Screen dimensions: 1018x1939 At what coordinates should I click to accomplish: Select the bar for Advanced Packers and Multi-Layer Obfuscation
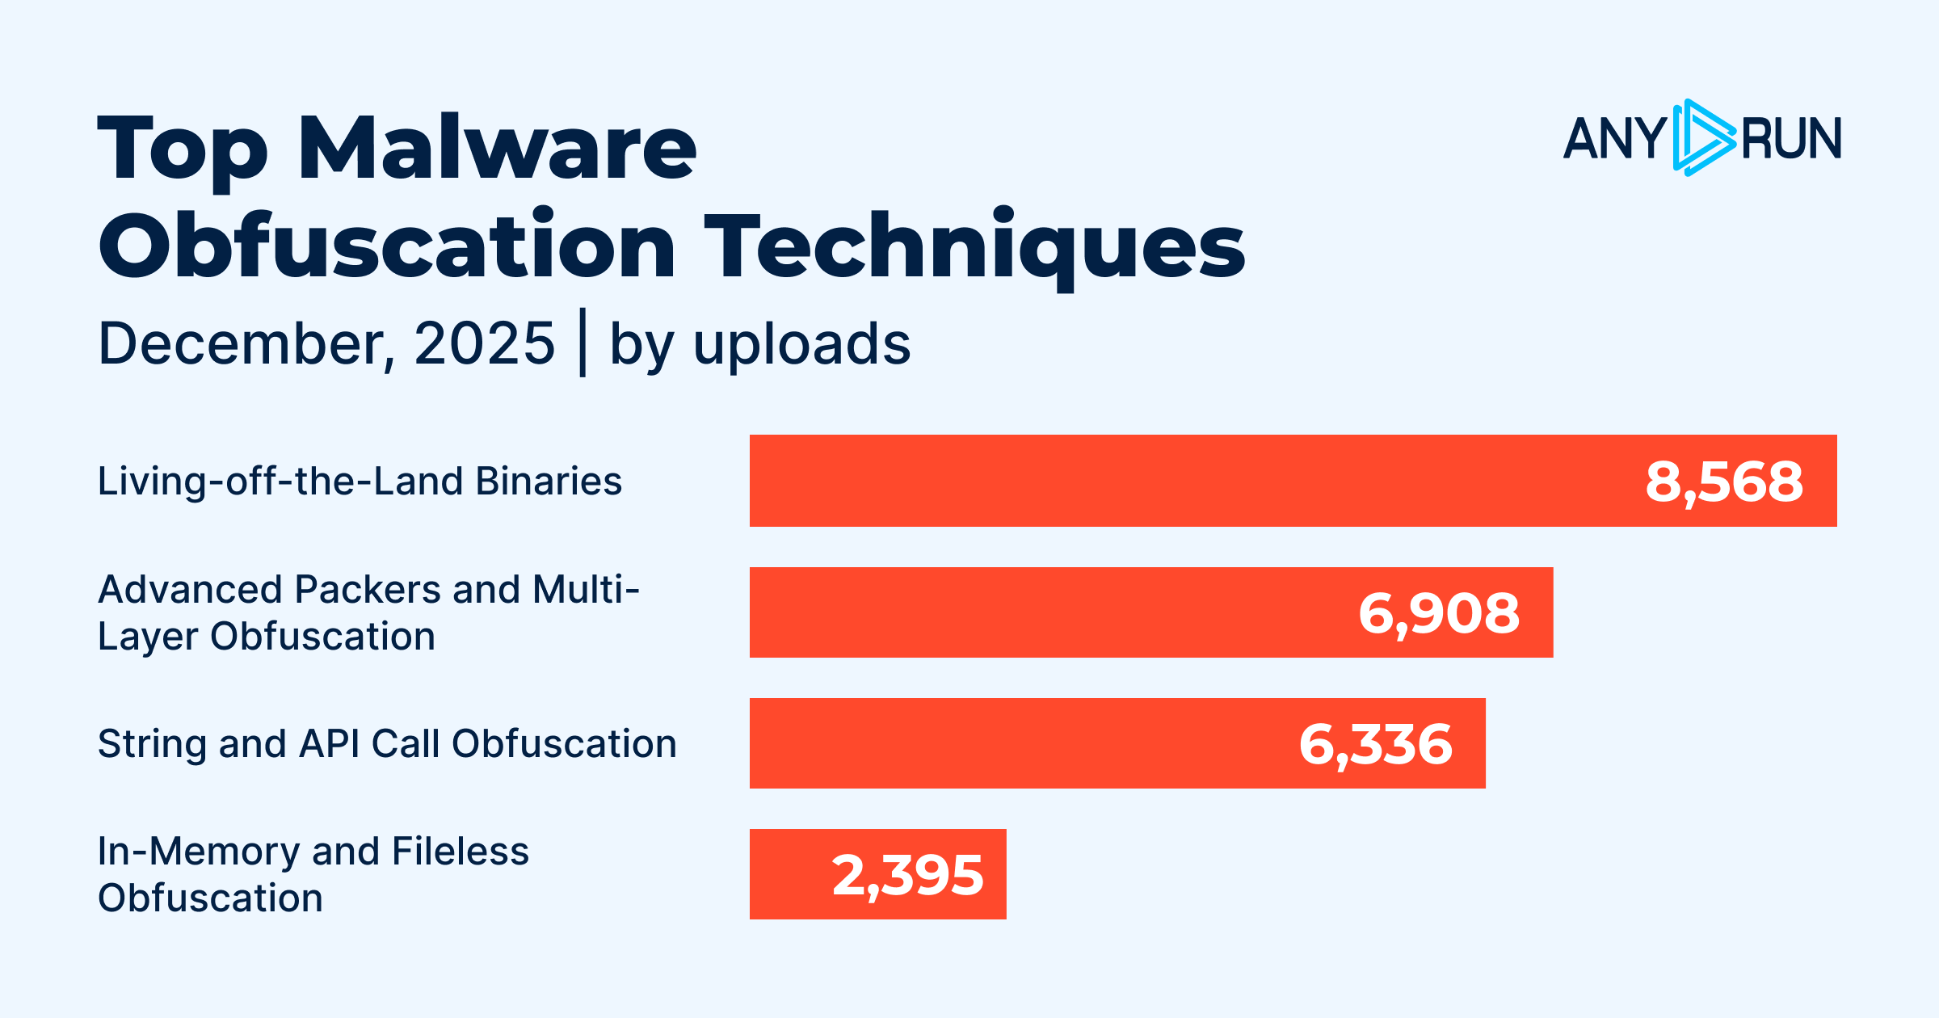[x=1050, y=612]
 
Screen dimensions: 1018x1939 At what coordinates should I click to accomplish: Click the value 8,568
[x=1724, y=482]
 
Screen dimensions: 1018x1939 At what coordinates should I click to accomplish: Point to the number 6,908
[x=1439, y=613]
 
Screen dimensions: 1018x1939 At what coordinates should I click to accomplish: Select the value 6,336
[x=1375, y=744]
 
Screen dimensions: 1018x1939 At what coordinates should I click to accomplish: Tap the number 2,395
[x=907, y=875]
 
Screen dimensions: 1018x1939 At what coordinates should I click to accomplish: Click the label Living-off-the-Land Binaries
[x=360, y=482]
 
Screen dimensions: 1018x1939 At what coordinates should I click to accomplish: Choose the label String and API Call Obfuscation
[x=387, y=744]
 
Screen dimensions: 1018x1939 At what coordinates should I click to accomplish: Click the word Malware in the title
[x=497, y=149]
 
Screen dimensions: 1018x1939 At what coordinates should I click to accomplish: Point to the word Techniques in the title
[x=974, y=247]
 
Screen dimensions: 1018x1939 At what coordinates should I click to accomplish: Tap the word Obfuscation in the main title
[x=387, y=246]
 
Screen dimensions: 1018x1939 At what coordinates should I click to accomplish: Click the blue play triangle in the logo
[x=1703, y=138]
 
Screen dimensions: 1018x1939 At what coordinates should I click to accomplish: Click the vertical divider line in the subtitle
[x=583, y=343]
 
